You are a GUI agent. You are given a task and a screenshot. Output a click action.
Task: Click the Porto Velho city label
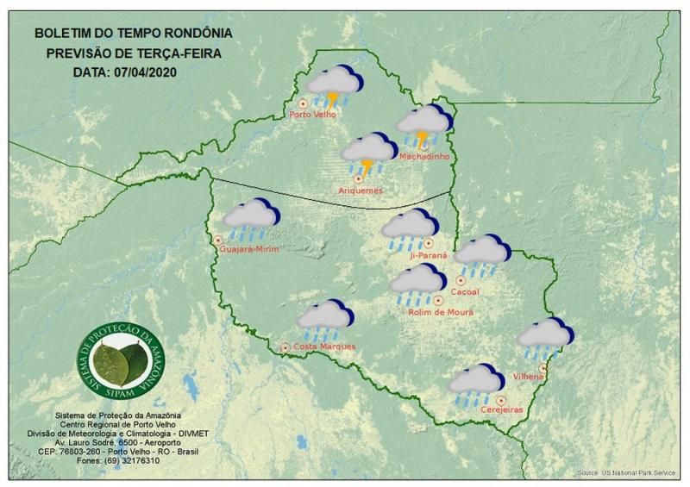[x=313, y=115]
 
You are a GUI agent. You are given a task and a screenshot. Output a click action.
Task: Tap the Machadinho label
[x=423, y=156]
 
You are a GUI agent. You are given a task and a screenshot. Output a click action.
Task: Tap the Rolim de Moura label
[x=440, y=312]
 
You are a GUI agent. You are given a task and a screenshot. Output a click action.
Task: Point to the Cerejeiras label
[x=502, y=411]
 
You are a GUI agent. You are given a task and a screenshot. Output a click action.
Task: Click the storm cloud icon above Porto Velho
[x=335, y=86]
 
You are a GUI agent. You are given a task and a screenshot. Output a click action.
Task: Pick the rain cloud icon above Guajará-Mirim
[x=251, y=219]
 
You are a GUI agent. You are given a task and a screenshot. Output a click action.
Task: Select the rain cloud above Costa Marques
[x=323, y=319]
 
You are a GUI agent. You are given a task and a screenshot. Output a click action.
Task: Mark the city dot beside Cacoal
[x=461, y=280]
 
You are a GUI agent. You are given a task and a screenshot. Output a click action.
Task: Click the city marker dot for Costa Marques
[x=285, y=347]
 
